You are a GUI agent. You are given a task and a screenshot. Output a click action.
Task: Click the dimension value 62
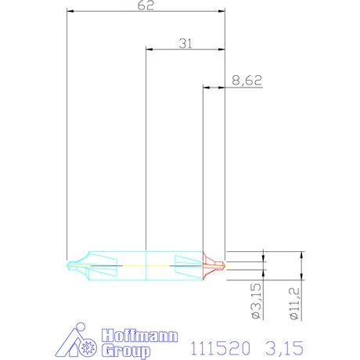point(146,5)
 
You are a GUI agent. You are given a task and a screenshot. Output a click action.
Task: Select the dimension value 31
point(185,44)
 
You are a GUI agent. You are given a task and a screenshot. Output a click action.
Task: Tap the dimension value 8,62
point(247,81)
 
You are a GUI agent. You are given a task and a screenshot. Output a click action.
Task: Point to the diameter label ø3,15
point(256,301)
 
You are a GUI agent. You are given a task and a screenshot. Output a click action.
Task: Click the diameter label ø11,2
point(294,304)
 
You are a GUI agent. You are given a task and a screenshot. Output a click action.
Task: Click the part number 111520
point(221,348)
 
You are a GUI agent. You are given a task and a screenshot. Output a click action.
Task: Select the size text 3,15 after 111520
point(284,348)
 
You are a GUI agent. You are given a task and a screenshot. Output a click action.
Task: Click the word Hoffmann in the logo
point(140,336)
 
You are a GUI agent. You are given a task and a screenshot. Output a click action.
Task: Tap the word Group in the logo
point(126,351)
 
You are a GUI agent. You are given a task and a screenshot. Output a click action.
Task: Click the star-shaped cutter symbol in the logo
point(88,347)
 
